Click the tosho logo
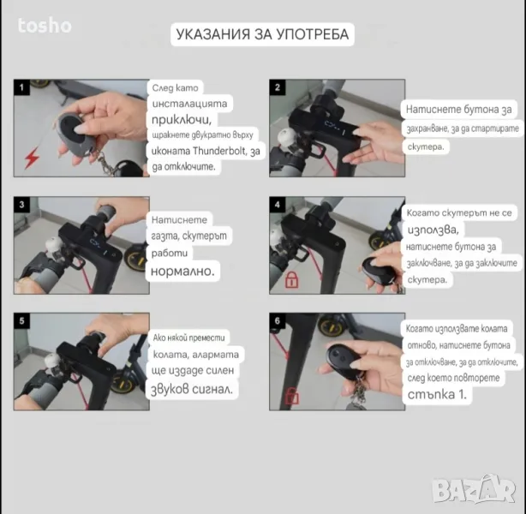pyautogui.click(x=45, y=26)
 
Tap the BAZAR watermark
pyautogui.click(x=474, y=489)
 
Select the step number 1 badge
pyautogui.click(x=21, y=87)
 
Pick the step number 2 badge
pyautogui.click(x=278, y=87)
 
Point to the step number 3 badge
pyautogui.click(x=21, y=205)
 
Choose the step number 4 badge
pyautogui.click(x=278, y=205)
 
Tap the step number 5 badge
pyautogui.click(x=21, y=320)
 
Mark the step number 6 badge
pyautogui.click(x=278, y=320)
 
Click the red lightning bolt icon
pyautogui.click(x=33, y=158)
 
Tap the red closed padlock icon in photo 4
pyautogui.click(x=291, y=280)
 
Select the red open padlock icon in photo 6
pyautogui.click(x=291, y=396)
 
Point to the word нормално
pyautogui.click(x=182, y=271)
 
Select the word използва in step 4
pyautogui.click(x=433, y=230)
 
